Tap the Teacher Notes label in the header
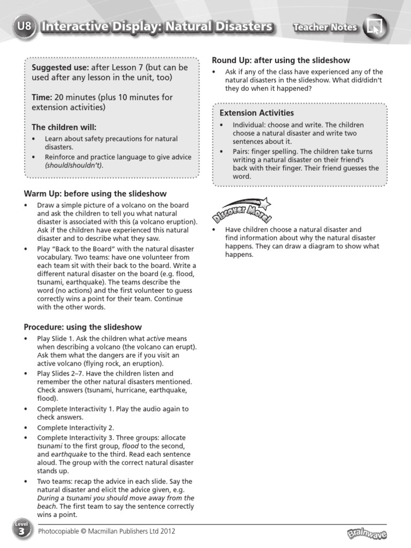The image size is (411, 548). [x=325, y=27]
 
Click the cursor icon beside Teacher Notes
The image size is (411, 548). [x=375, y=27]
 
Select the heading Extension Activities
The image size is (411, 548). [x=256, y=113]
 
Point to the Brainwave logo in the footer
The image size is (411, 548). [x=367, y=534]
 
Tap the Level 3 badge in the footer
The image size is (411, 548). [x=19, y=531]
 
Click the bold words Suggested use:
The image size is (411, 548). [x=60, y=67]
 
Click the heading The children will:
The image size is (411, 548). [x=64, y=127]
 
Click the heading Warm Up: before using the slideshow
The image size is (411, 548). [x=95, y=194]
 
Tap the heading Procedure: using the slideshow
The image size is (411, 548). [x=83, y=327]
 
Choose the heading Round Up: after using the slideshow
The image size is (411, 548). [x=281, y=60]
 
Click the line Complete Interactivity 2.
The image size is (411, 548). [x=75, y=428]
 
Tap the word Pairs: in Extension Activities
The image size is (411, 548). [x=242, y=151]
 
